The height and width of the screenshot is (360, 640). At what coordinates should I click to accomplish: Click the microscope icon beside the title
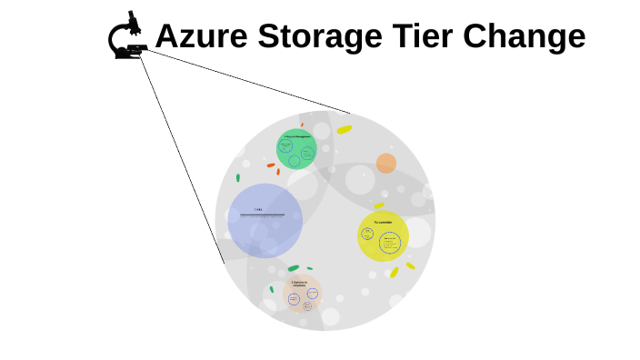coord(128,36)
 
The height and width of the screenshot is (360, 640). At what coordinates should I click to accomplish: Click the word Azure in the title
coord(202,37)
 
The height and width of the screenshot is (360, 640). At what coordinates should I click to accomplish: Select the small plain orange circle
coord(386,164)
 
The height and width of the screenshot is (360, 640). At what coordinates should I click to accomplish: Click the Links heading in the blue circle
coord(258,210)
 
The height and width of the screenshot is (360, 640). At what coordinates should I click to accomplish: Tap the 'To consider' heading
coord(383,221)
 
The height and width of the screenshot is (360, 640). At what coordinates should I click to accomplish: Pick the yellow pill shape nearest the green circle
coord(344,130)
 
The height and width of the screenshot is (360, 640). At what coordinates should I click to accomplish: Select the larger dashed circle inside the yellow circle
coord(391,244)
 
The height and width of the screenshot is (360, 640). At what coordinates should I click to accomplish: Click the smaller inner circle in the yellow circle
coord(368,234)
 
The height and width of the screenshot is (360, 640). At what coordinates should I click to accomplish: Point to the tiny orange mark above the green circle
coord(302,125)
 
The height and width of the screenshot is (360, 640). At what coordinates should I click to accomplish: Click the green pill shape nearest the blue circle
coord(238,177)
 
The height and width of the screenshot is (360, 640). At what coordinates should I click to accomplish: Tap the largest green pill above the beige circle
coord(293,268)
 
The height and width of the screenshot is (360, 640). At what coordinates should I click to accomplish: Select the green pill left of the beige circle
coord(271,290)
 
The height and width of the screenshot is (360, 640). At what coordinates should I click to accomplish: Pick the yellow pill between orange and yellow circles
coord(379,205)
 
